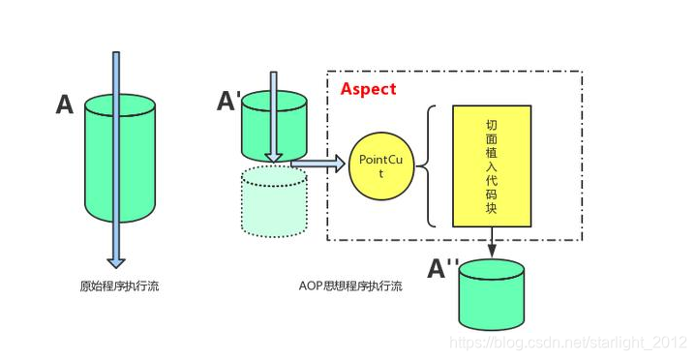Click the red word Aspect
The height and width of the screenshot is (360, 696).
[368, 89]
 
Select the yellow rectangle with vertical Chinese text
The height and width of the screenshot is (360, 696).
[491, 165]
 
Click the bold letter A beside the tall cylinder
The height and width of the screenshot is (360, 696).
[64, 105]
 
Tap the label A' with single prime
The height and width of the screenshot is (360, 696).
[229, 101]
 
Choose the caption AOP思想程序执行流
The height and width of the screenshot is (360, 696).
[351, 286]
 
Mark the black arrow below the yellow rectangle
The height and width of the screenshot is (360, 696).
[492, 243]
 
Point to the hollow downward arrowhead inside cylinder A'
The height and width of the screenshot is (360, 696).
[274, 154]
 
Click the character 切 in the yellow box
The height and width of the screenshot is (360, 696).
[492, 127]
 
